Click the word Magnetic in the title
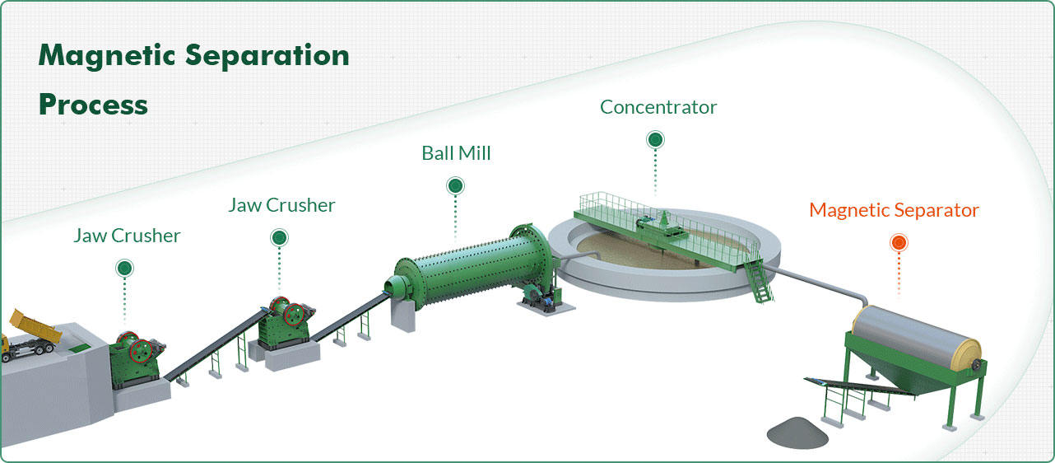(x=107, y=56)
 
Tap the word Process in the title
(x=93, y=105)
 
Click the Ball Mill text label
(x=456, y=153)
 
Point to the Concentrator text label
(x=658, y=107)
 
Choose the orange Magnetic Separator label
(x=894, y=210)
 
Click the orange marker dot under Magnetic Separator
(x=899, y=242)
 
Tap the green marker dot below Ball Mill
(x=455, y=186)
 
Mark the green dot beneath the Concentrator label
(x=655, y=139)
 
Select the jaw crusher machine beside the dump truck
(x=137, y=354)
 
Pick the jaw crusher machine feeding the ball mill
(x=285, y=322)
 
